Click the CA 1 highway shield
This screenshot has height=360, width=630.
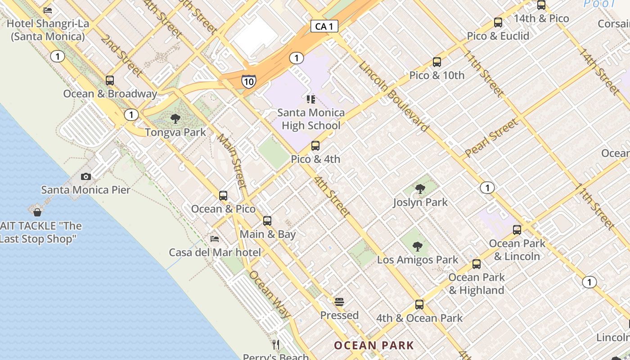coord(324,27)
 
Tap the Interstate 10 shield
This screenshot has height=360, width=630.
coord(248,81)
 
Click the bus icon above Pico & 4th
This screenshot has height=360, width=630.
coord(315,146)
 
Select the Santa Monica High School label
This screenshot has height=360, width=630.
coord(311,119)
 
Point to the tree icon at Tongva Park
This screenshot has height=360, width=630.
coord(175,119)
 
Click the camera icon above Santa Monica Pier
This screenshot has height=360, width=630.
coord(86,176)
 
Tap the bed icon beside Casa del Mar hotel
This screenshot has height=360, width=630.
coord(215,239)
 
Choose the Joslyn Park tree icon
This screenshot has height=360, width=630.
coord(420,189)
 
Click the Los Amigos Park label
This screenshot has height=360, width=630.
coord(418,260)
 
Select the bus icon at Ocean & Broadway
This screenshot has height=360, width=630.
coord(110,81)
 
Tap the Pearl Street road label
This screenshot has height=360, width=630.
coord(491,138)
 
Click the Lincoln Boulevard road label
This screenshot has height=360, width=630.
coord(393,96)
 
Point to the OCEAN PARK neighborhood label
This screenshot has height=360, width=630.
coord(374,346)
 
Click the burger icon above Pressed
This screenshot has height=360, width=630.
coord(339,301)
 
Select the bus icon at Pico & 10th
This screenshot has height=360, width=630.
coord(437,62)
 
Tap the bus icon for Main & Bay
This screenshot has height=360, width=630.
coord(267,221)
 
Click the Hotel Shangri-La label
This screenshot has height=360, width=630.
coord(48,30)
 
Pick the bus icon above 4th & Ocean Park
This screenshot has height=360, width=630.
coord(419,305)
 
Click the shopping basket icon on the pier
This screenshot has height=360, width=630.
coord(37,212)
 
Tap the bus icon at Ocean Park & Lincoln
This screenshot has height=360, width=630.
coord(517,230)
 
